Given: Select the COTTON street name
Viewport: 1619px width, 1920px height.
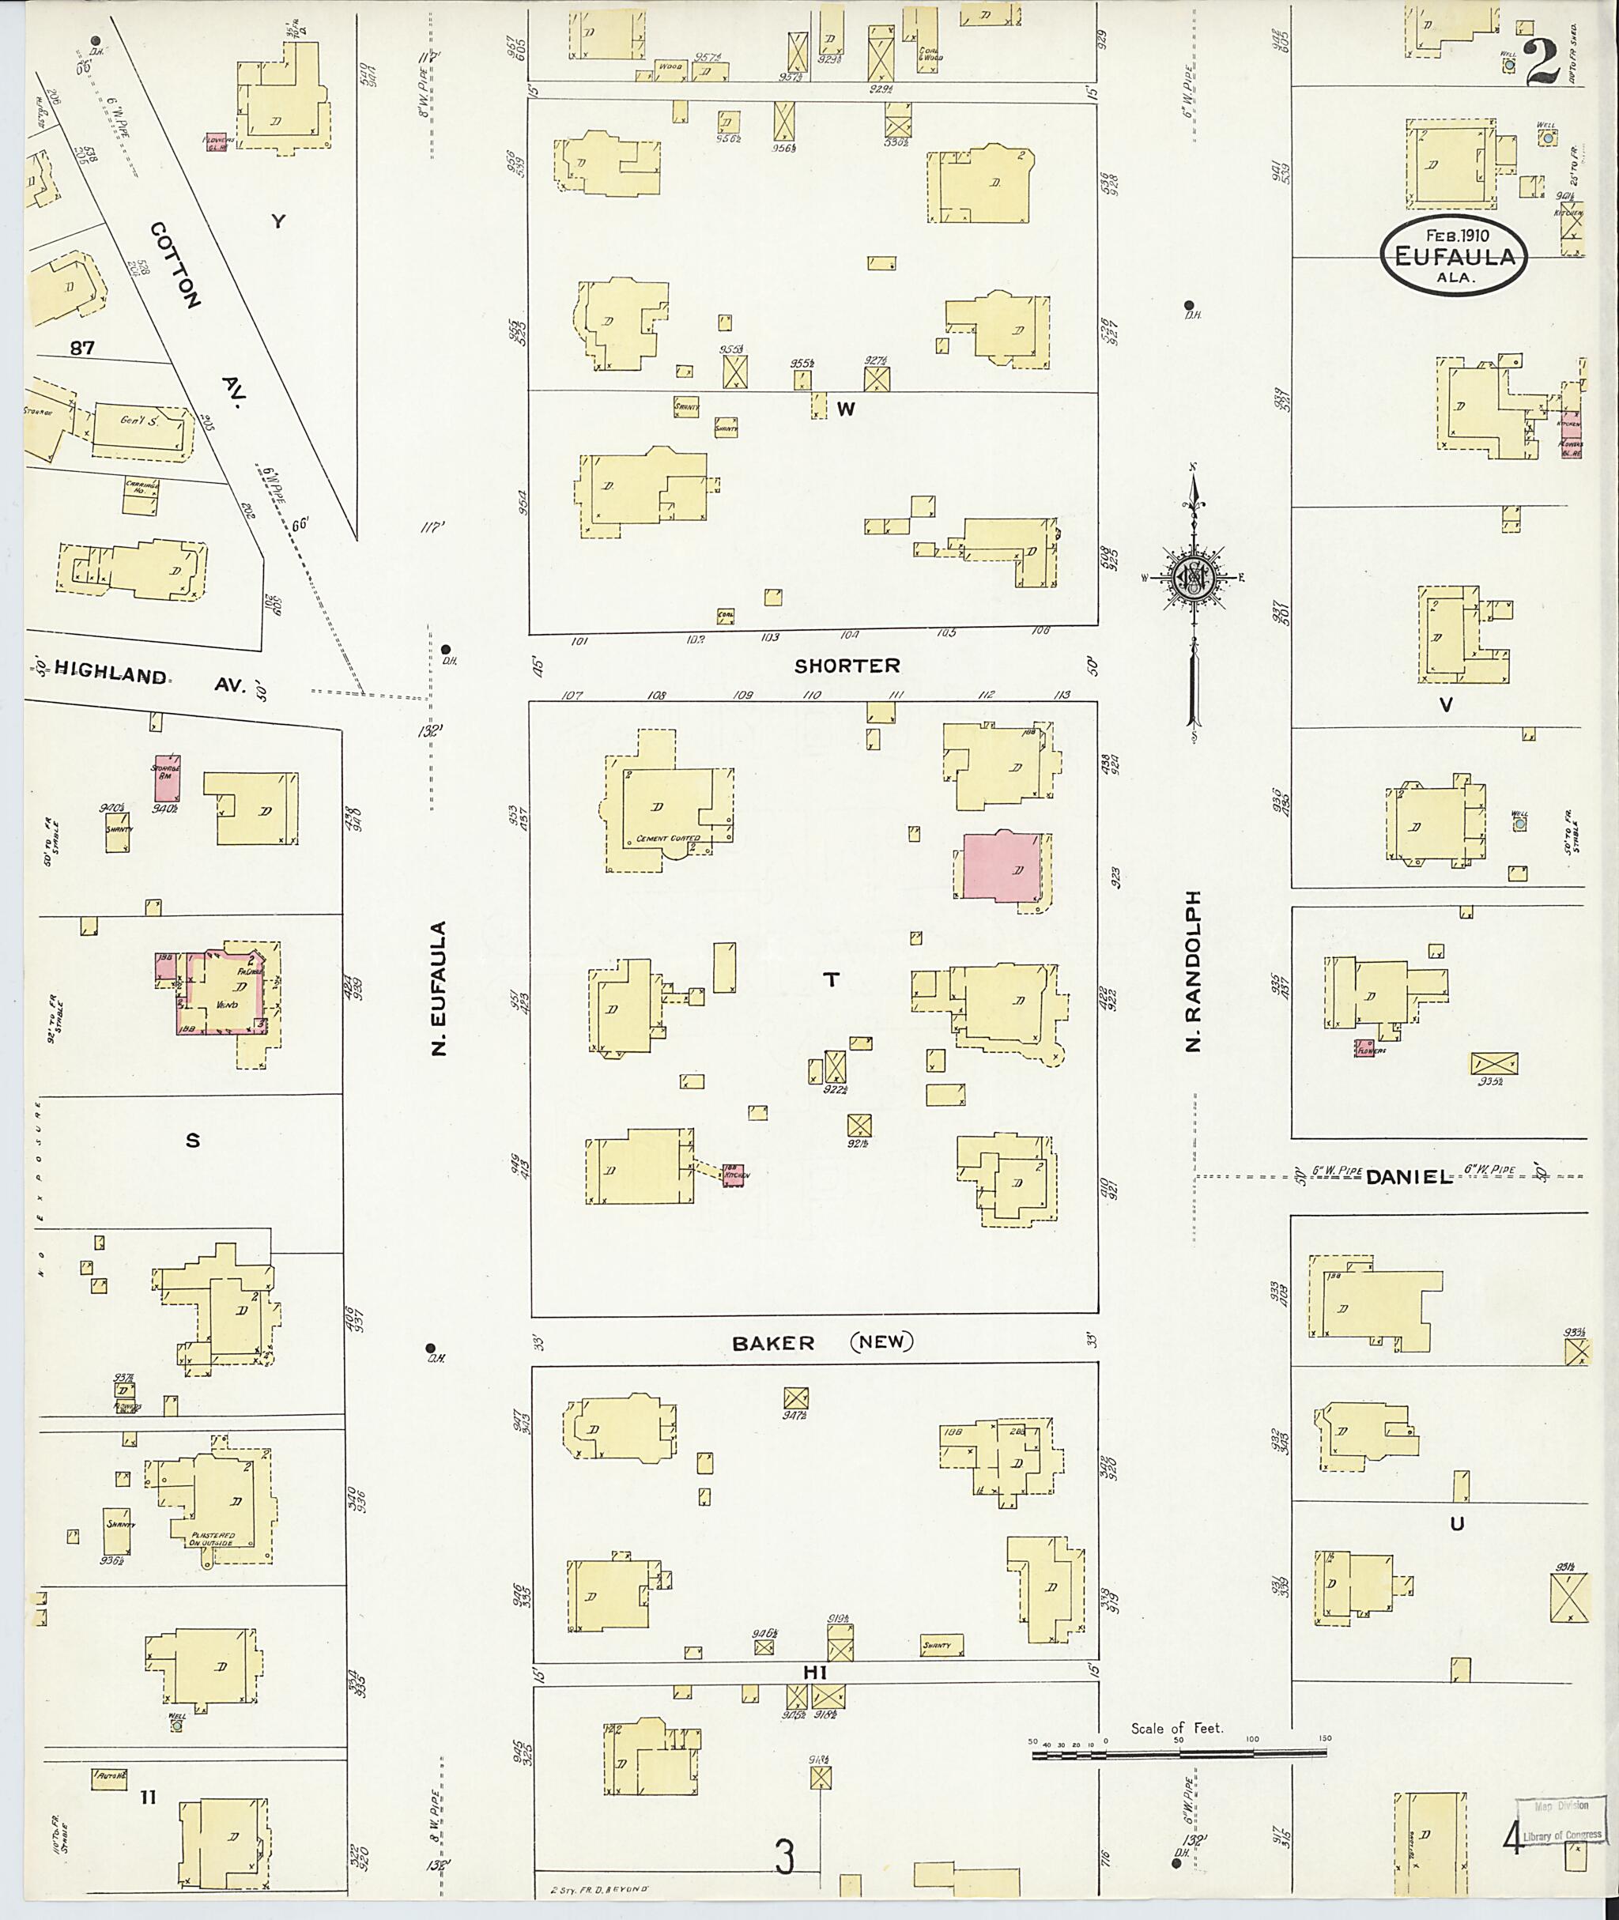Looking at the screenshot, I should coord(175,264).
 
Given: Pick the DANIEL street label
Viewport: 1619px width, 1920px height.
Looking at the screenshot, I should coord(1409,1177).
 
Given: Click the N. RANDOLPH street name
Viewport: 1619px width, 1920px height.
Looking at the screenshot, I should coord(1194,970).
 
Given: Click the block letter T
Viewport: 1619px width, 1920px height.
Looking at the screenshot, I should coord(832,980).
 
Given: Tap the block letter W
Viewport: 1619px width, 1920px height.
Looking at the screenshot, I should coord(845,409).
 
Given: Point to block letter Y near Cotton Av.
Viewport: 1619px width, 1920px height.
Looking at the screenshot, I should coord(278,221).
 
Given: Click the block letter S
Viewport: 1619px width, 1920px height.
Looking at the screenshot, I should coord(193,1141).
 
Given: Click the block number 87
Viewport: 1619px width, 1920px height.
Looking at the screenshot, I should coord(82,348).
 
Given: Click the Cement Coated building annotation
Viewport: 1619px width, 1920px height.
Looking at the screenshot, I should coord(668,838).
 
